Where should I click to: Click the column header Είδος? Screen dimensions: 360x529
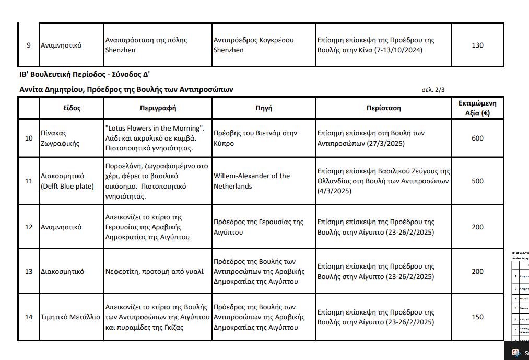72,108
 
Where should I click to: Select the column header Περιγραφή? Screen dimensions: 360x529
158,108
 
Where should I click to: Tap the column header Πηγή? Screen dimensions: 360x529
264,108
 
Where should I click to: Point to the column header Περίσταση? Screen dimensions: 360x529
383,108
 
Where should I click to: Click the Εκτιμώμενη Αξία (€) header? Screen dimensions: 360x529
477,108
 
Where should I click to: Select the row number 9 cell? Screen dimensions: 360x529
29,45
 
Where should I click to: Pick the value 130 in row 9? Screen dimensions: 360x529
477,45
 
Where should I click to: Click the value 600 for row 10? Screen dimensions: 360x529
477,138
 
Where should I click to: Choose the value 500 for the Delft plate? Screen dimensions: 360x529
477,181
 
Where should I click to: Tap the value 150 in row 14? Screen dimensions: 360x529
477,317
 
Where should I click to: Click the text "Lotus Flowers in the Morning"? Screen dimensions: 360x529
155,129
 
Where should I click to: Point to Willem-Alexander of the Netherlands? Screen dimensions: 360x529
252,181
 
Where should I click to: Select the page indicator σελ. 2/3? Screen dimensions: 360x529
433,90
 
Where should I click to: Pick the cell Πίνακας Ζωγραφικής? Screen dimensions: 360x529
60,138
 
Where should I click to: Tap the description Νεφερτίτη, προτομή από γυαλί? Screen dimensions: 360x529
155,271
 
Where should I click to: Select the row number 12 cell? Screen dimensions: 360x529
29,227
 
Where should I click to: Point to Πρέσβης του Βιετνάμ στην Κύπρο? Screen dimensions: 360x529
255,138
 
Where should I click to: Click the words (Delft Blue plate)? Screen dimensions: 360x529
67,186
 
